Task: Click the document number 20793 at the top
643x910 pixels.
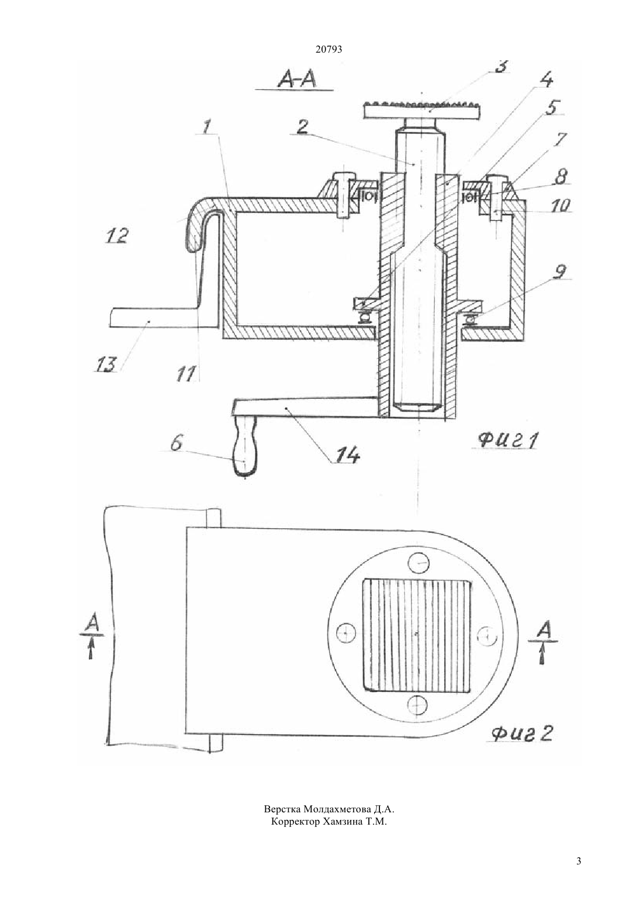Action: [x=329, y=50]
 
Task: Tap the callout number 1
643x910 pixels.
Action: [x=206, y=126]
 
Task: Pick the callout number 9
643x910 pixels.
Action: [x=560, y=271]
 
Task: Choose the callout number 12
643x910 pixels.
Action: [x=117, y=235]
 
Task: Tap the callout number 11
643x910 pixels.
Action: [x=186, y=373]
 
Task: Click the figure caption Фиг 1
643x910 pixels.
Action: [x=509, y=440]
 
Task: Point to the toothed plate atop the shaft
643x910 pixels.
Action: [x=422, y=109]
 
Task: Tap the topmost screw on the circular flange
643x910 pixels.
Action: [x=419, y=562]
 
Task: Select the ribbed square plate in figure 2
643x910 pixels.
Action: [x=418, y=634]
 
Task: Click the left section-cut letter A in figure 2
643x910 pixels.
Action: [x=92, y=622]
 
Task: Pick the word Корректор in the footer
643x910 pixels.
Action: [x=295, y=821]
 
